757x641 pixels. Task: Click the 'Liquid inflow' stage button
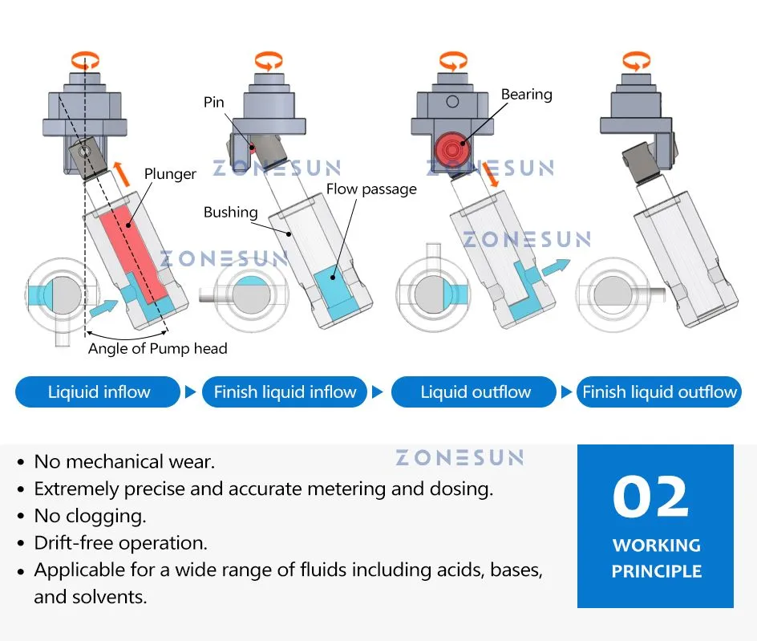click(98, 392)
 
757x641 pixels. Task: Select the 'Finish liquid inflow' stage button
click(285, 392)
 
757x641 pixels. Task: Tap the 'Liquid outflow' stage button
click(476, 392)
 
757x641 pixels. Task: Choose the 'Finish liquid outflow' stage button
click(659, 392)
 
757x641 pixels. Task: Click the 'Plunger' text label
click(170, 174)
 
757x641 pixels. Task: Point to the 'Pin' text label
click(213, 102)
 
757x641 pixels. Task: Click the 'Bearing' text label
click(526, 95)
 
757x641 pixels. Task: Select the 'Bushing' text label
click(230, 213)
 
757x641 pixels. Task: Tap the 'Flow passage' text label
click(371, 189)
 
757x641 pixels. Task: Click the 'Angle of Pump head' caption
click(157, 348)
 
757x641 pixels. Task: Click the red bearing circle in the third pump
click(452, 149)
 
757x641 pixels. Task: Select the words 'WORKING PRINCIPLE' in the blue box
click(656, 558)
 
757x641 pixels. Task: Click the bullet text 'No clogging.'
click(90, 515)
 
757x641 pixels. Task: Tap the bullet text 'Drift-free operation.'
click(120, 542)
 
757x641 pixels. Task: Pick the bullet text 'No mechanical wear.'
click(123, 461)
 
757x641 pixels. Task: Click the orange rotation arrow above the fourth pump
click(637, 59)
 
